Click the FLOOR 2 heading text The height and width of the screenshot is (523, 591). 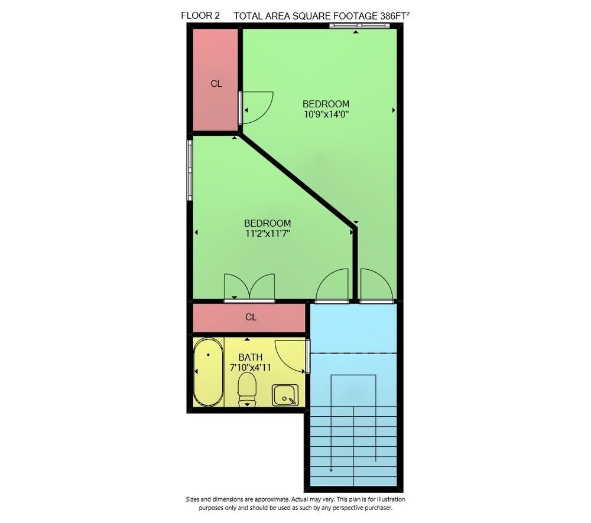click(x=200, y=16)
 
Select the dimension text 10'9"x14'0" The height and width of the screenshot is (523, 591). click(x=326, y=115)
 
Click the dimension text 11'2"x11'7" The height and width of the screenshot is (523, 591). click(x=267, y=234)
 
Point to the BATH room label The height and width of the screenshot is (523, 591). click(x=250, y=357)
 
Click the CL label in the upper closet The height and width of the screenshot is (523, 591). click(x=216, y=84)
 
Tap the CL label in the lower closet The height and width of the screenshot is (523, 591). click(x=251, y=317)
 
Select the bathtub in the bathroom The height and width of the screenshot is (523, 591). click(x=208, y=372)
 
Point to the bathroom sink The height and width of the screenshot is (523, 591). click(x=285, y=395)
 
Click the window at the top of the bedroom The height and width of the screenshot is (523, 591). click(x=355, y=25)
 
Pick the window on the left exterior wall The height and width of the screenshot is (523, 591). click(x=190, y=169)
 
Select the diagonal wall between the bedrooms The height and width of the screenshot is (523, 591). click(x=295, y=177)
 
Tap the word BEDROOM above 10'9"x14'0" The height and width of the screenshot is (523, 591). click(x=326, y=104)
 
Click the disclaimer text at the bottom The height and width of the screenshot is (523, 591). click(x=295, y=503)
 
